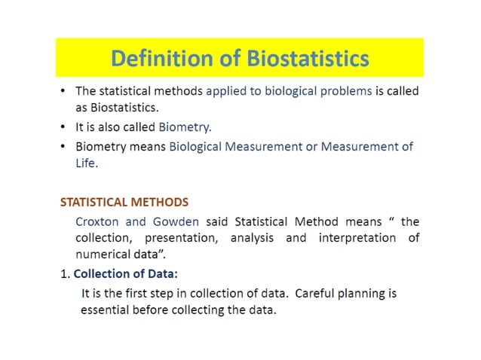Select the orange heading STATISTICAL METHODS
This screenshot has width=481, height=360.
[x=124, y=203]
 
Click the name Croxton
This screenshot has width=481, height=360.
[x=100, y=221]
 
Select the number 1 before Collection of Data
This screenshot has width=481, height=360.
[x=63, y=273]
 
